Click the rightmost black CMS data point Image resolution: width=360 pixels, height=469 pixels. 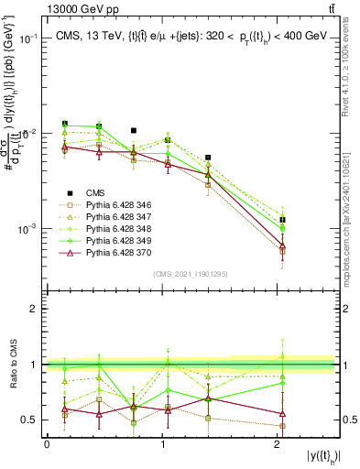coord(283,220)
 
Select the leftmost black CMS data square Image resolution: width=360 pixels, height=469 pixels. coord(65,124)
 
